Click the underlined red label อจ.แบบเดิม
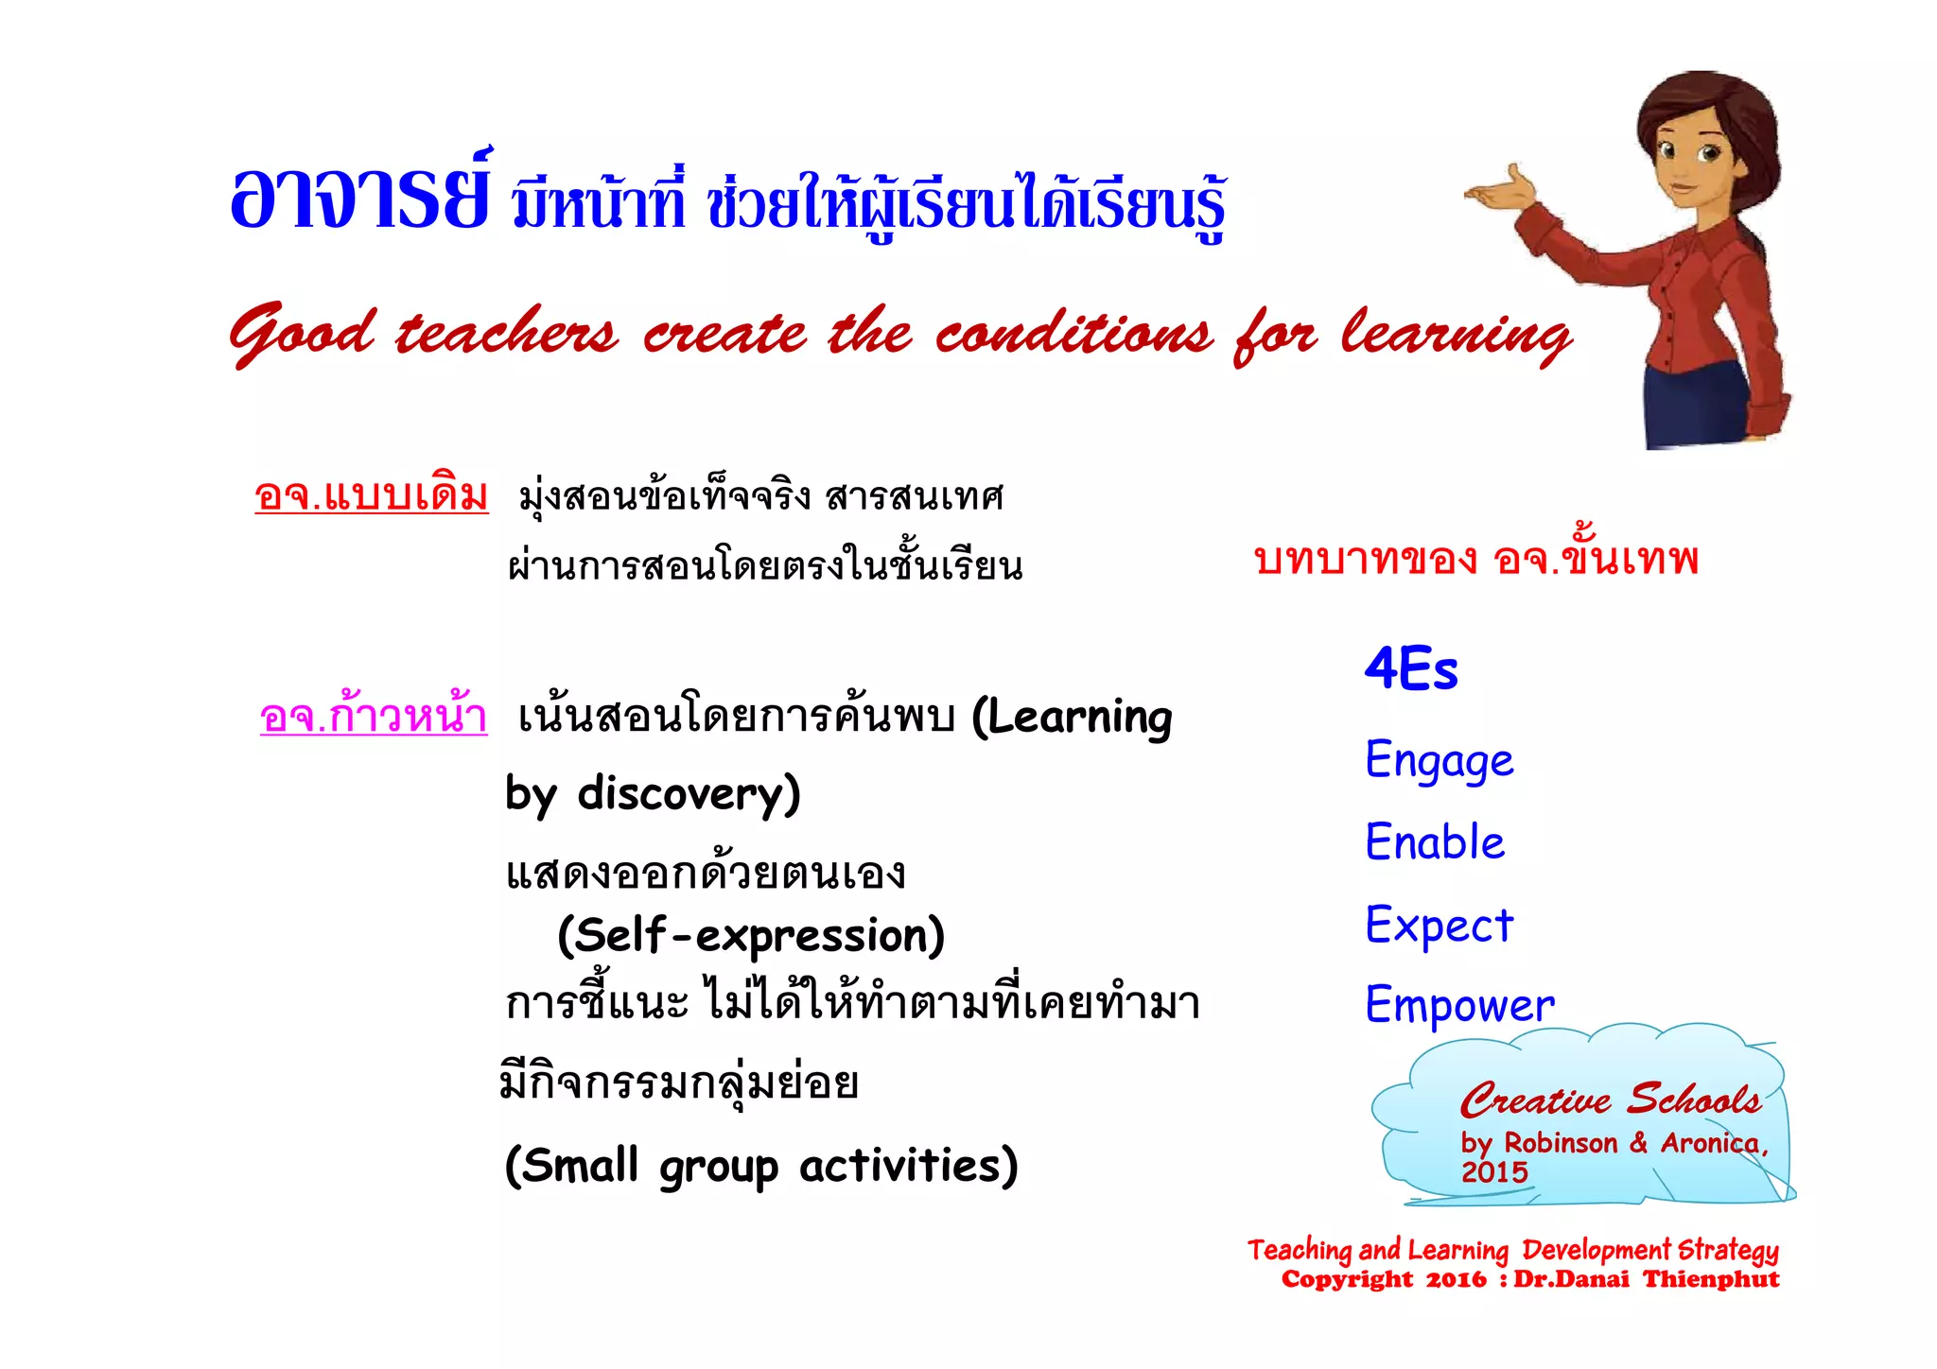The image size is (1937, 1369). click(x=371, y=495)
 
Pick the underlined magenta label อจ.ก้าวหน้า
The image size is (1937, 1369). click(x=374, y=717)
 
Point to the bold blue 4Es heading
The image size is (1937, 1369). click(x=1410, y=669)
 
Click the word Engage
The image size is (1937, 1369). click(x=1439, y=761)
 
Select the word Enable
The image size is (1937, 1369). click(x=1435, y=842)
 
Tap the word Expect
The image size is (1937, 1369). click(x=1439, y=925)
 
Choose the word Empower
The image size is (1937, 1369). click(x=1459, y=1005)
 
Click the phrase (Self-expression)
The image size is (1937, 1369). click(x=751, y=936)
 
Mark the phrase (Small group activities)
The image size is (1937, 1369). click(x=761, y=1166)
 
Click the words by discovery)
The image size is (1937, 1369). click(x=653, y=794)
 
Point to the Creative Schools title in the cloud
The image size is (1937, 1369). click(x=1610, y=1100)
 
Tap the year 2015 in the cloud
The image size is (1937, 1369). click(x=1494, y=1172)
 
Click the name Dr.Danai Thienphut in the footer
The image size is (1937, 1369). click(x=1646, y=1280)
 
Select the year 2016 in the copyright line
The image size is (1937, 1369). click(x=1456, y=1280)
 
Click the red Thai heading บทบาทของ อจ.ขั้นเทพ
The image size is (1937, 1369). click(x=1475, y=559)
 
